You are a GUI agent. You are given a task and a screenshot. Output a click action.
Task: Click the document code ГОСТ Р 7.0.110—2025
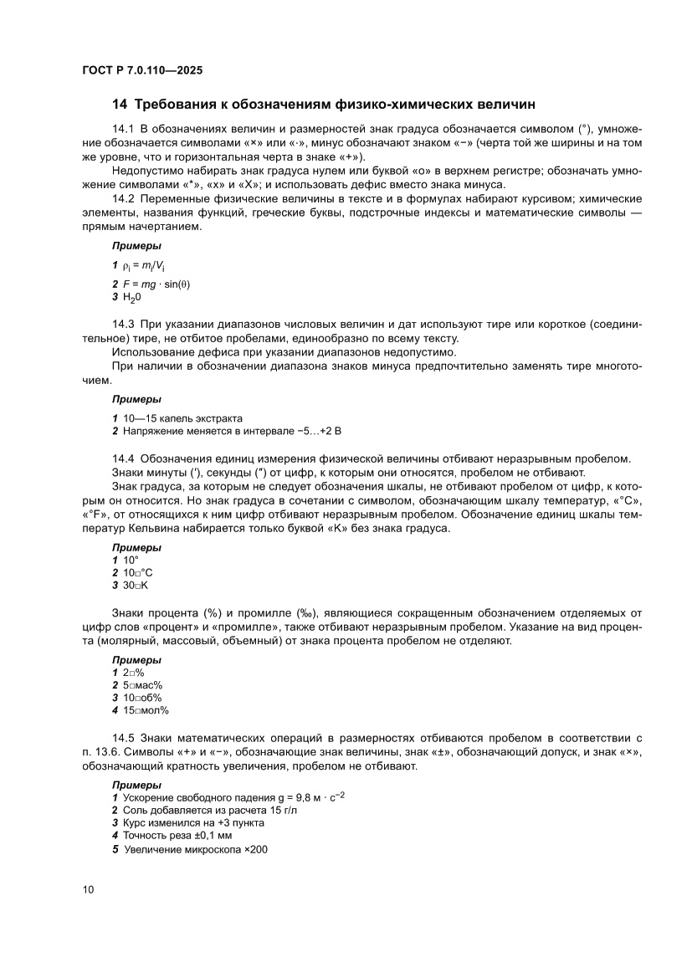click(142, 71)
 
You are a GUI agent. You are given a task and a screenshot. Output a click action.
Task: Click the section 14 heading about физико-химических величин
click(323, 105)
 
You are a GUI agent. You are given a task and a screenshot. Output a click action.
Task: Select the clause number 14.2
click(123, 199)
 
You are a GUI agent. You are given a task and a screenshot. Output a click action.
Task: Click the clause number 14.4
click(123, 458)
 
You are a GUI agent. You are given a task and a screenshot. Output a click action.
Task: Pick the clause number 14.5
click(123, 738)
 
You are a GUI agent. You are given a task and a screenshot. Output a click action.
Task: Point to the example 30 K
click(135, 586)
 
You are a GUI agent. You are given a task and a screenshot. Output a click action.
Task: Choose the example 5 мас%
click(142, 684)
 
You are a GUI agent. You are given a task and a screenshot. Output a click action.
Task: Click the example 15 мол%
click(146, 710)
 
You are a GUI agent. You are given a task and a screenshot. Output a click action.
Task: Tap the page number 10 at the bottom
click(89, 888)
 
